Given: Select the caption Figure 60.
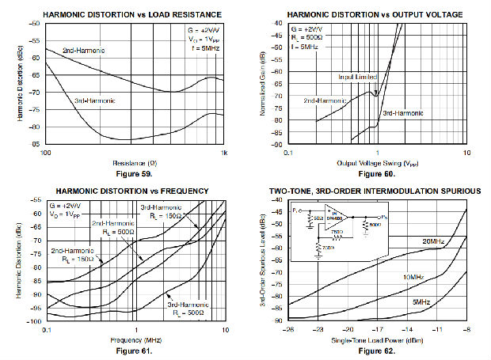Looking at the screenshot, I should (376, 172).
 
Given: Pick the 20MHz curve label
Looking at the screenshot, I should (432, 241).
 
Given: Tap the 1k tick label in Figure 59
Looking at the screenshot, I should (224, 153).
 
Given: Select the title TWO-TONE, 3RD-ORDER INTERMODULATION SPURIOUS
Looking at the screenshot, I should (376, 191).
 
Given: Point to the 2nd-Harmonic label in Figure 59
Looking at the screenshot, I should (83, 50).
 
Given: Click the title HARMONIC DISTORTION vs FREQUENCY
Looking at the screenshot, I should (131, 191).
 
